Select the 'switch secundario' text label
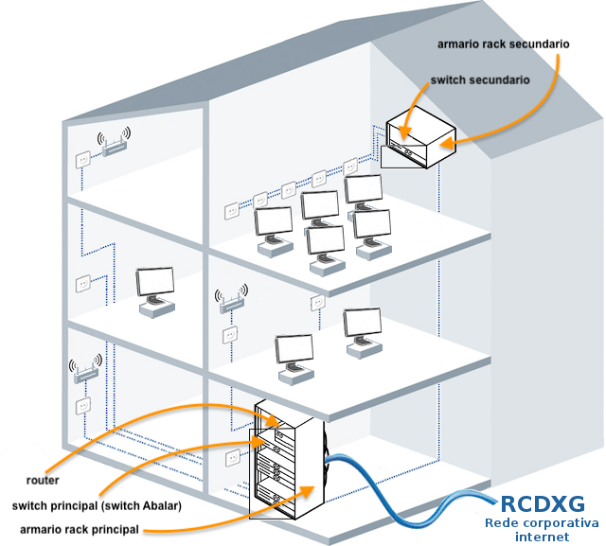click(x=479, y=80)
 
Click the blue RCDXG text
click(x=542, y=503)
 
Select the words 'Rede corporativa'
click(x=542, y=523)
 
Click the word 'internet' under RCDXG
click(x=542, y=537)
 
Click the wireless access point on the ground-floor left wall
click(x=84, y=370)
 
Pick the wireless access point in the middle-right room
click(x=230, y=301)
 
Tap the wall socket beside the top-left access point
click(x=81, y=159)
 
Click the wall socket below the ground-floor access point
click(x=81, y=405)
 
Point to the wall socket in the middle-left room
click(x=83, y=282)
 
